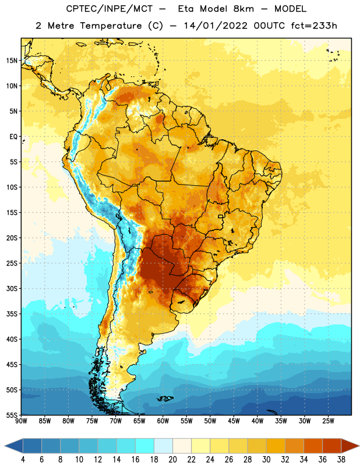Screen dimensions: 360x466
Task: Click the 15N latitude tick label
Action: pos(12,61)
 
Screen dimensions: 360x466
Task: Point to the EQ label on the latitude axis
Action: pos(13,137)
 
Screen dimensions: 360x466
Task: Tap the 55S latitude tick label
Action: pos(12,415)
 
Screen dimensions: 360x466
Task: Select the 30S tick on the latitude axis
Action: pos(12,288)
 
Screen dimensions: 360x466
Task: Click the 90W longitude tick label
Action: pos(21,421)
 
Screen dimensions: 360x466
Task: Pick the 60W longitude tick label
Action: pos(163,421)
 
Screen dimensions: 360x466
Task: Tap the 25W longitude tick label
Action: pos(328,421)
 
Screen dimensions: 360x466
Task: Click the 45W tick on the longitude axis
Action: pos(234,421)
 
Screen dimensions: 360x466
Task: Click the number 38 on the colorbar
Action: pos(341,460)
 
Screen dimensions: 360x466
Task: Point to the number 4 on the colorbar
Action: pos(23,460)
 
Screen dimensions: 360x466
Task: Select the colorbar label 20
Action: pos(172,460)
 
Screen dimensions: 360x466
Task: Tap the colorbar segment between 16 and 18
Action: pos(144,446)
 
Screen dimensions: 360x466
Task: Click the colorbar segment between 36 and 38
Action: pos(332,446)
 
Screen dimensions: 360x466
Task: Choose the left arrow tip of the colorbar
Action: pos(5,446)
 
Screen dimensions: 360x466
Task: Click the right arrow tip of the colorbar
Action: pos(359,446)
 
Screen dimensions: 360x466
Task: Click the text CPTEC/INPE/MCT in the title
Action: pos(110,9)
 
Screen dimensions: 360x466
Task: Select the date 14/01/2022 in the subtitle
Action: pos(216,26)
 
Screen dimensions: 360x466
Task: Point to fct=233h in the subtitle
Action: pos(314,26)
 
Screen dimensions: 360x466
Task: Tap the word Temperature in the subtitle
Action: pos(111,26)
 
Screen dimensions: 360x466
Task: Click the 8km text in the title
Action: pos(243,9)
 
